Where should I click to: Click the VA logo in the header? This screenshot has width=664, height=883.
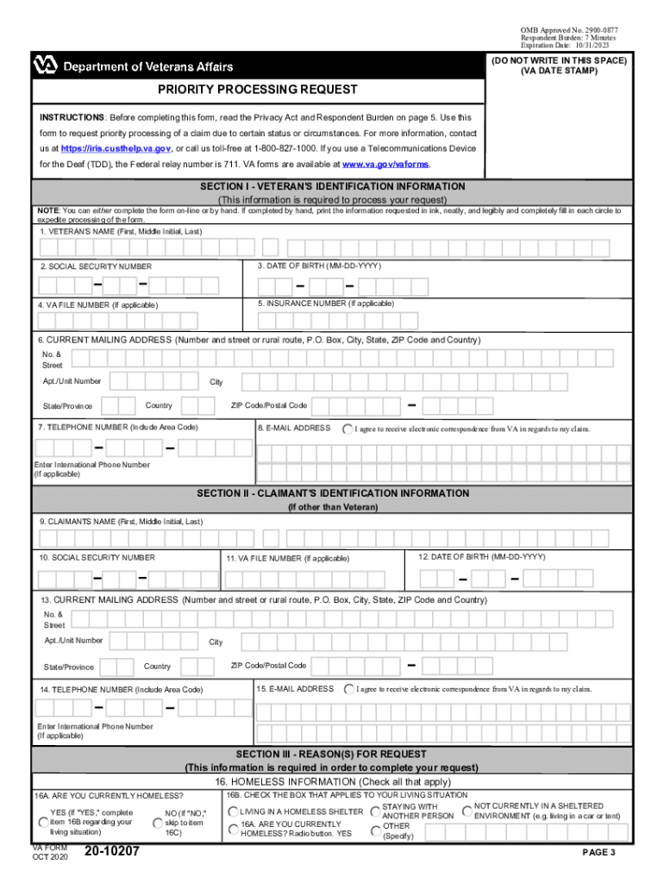click(x=45, y=65)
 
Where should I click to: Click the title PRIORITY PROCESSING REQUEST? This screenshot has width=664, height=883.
click(x=257, y=90)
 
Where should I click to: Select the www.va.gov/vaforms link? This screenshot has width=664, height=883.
click(x=385, y=164)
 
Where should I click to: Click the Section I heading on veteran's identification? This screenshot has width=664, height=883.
click(x=333, y=186)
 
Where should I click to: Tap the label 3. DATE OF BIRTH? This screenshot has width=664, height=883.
click(x=319, y=266)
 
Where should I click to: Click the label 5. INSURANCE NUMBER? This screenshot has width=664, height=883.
click(x=326, y=304)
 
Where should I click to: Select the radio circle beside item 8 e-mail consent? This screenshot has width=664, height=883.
click(x=347, y=429)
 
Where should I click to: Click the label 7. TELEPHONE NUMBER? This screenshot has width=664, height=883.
click(x=117, y=428)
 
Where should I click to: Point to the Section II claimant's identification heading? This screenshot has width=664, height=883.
click(x=333, y=493)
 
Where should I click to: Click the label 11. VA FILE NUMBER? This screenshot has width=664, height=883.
click(x=288, y=559)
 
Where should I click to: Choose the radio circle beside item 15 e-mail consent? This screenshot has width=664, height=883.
click(x=348, y=689)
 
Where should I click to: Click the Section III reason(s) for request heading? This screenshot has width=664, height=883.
click(x=333, y=755)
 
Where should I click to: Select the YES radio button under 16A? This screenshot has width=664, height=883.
click(x=44, y=823)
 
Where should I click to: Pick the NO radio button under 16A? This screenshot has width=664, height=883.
click(x=158, y=823)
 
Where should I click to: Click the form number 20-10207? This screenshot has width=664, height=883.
click(x=113, y=853)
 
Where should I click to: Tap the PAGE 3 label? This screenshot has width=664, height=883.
click(x=598, y=853)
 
